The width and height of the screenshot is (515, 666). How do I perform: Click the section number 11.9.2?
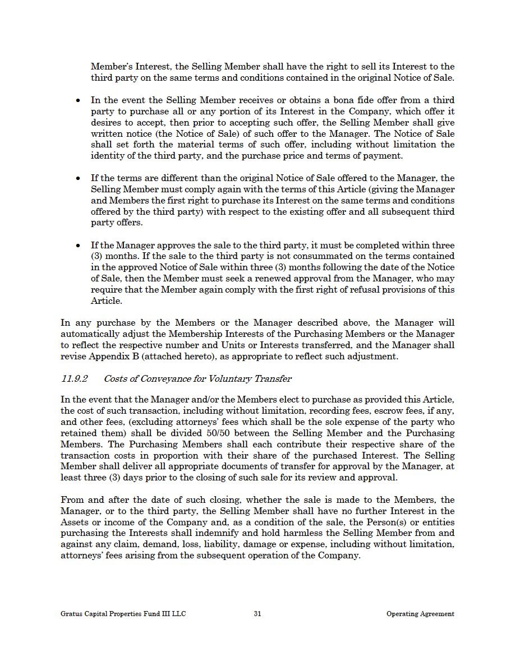coord(74,379)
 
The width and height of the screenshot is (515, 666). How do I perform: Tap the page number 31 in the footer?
coord(257,614)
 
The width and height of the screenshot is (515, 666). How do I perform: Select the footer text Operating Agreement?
coord(420,614)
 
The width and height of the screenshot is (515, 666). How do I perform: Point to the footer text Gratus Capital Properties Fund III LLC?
coord(123,614)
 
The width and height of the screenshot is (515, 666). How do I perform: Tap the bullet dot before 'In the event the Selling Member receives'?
coord(78,100)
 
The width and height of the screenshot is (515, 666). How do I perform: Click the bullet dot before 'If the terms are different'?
coord(78,178)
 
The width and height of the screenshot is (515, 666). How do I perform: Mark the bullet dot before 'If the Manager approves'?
coord(78,246)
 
